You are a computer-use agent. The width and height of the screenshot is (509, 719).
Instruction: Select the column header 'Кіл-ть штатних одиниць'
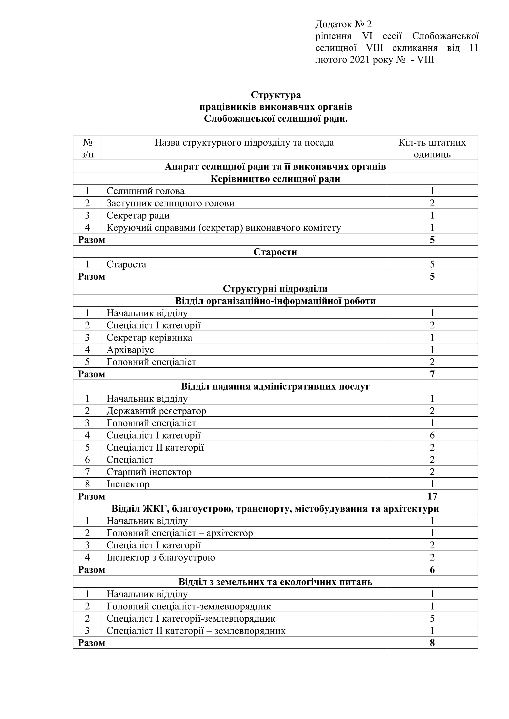(432, 148)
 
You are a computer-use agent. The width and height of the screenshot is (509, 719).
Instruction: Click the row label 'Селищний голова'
(146, 191)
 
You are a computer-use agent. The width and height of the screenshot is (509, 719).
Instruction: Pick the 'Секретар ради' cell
(138, 215)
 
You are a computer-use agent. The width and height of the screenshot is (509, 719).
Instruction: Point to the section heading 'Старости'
(275, 252)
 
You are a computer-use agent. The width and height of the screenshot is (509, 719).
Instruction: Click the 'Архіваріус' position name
(130, 350)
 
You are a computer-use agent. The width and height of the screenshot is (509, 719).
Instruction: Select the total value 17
(432, 496)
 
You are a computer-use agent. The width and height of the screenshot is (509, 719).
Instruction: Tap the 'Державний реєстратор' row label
(156, 411)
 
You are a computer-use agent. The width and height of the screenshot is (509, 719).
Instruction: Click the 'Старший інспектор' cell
(149, 472)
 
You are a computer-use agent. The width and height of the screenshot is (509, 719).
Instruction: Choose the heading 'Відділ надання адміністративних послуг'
(275, 386)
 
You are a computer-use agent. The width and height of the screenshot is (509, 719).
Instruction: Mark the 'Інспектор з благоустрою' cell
(160, 557)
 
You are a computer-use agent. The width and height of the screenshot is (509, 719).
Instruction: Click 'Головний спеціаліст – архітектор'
(180, 533)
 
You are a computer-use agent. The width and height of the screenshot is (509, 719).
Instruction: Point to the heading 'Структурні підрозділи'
(275, 289)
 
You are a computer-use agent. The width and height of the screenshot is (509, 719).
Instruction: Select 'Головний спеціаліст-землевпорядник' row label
(188, 606)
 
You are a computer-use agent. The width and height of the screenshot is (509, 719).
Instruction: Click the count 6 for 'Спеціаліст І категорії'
(432, 435)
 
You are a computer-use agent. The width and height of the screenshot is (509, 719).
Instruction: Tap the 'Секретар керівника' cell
(149, 338)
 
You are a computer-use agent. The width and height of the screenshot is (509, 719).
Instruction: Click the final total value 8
(432, 643)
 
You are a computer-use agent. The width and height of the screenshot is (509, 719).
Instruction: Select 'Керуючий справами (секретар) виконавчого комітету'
(224, 228)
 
